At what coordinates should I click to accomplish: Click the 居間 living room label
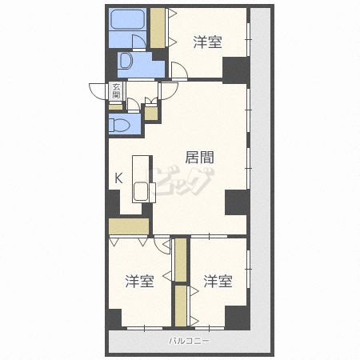click(x=199, y=158)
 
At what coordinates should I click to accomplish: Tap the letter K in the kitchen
click(x=118, y=178)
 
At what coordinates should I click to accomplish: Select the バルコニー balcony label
click(x=190, y=341)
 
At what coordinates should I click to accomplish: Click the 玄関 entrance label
click(x=116, y=91)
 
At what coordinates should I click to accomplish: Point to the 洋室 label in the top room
click(x=207, y=42)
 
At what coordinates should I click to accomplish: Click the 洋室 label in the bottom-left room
click(x=140, y=281)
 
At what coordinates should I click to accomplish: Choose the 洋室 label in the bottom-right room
click(x=218, y=281)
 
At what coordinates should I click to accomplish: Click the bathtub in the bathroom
click(x=127, y=19)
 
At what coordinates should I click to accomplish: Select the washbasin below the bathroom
click(x=126, y=61)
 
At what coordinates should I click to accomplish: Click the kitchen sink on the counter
click(x=141, y=191)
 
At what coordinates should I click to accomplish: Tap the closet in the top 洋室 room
click(x=158, y=28)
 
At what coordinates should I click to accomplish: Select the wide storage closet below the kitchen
click(x=129, y=226)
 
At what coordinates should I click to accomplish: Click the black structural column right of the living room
click(x=237, y=202)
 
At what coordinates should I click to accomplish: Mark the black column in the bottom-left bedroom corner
click(x=114, y=318)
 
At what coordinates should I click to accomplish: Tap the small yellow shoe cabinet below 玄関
click(x=116, y=107)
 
